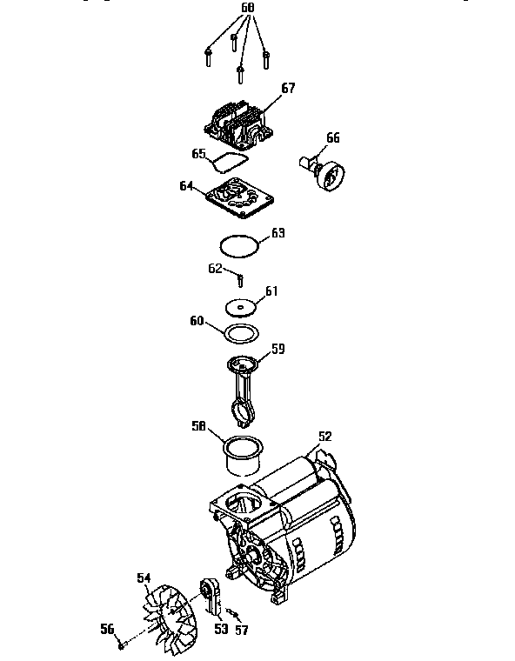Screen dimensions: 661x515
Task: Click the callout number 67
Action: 289,89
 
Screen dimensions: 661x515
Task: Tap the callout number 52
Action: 325,436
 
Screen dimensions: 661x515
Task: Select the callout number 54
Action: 144,577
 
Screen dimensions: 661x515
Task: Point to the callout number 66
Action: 333,137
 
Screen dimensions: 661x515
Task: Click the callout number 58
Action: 198,426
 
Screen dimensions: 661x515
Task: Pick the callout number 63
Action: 278,233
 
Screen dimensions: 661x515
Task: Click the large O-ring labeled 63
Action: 239,246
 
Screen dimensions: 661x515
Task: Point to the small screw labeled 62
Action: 239,279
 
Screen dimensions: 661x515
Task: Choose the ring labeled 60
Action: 239,332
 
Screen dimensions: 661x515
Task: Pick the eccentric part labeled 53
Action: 212,600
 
